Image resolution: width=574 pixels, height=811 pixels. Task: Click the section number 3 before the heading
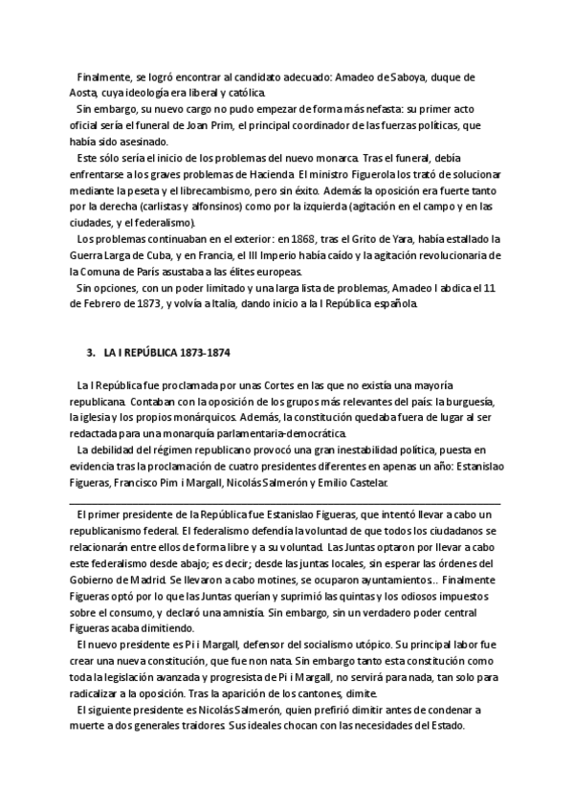click(89, 352)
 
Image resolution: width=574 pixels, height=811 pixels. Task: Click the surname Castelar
click(365, 484)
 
